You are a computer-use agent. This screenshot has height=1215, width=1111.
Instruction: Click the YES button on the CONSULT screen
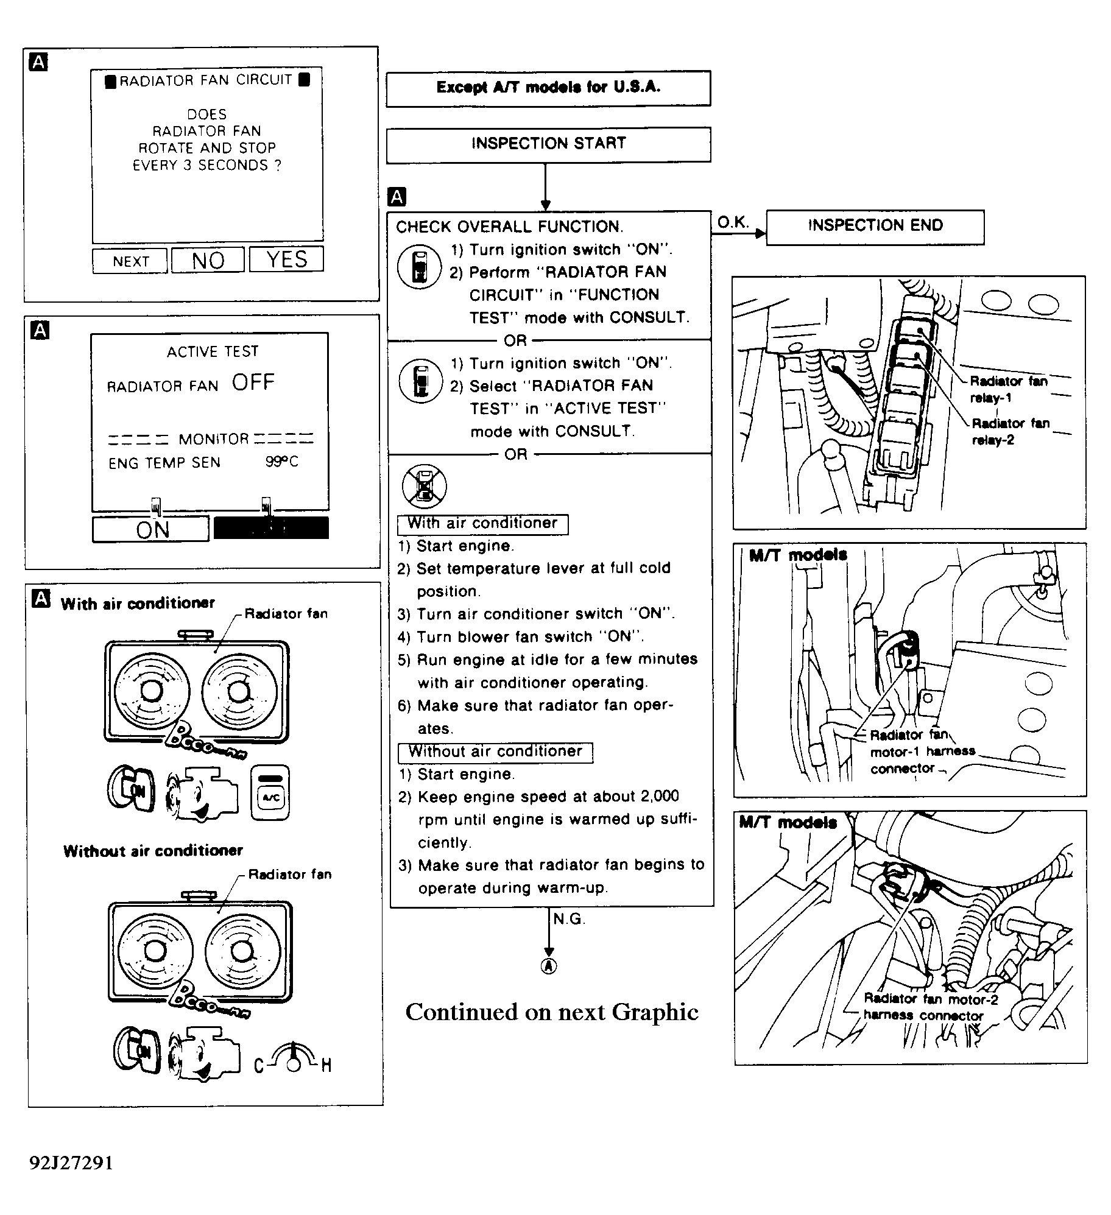tap(286, 259)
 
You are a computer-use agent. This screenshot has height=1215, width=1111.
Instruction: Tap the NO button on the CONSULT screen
tap(208, 261)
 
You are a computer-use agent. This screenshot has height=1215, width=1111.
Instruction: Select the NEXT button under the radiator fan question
tap(130, 261)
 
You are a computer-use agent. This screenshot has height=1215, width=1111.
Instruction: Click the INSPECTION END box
tap(875, 227)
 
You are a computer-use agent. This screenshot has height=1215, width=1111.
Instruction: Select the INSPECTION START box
tap(548, 144)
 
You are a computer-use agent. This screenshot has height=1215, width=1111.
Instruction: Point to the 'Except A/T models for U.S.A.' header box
tap(548, 88)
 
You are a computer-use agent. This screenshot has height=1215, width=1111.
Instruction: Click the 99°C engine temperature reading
tap(281, 462)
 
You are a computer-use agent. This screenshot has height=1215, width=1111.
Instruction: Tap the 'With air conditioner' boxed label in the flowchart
tap(482, 524)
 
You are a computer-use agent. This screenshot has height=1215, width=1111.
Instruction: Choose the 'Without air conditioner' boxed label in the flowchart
tap(495, 752)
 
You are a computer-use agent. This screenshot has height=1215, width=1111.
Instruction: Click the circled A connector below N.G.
tap(549, 966)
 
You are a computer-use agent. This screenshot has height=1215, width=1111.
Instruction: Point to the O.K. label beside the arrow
tap(733, 222)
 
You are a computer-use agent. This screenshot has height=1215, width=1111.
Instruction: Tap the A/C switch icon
tap(270, 792)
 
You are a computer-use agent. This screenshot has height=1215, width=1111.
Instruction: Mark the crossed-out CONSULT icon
tap(425, 486)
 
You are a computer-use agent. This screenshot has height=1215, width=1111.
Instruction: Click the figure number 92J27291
tap(71, 1163)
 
